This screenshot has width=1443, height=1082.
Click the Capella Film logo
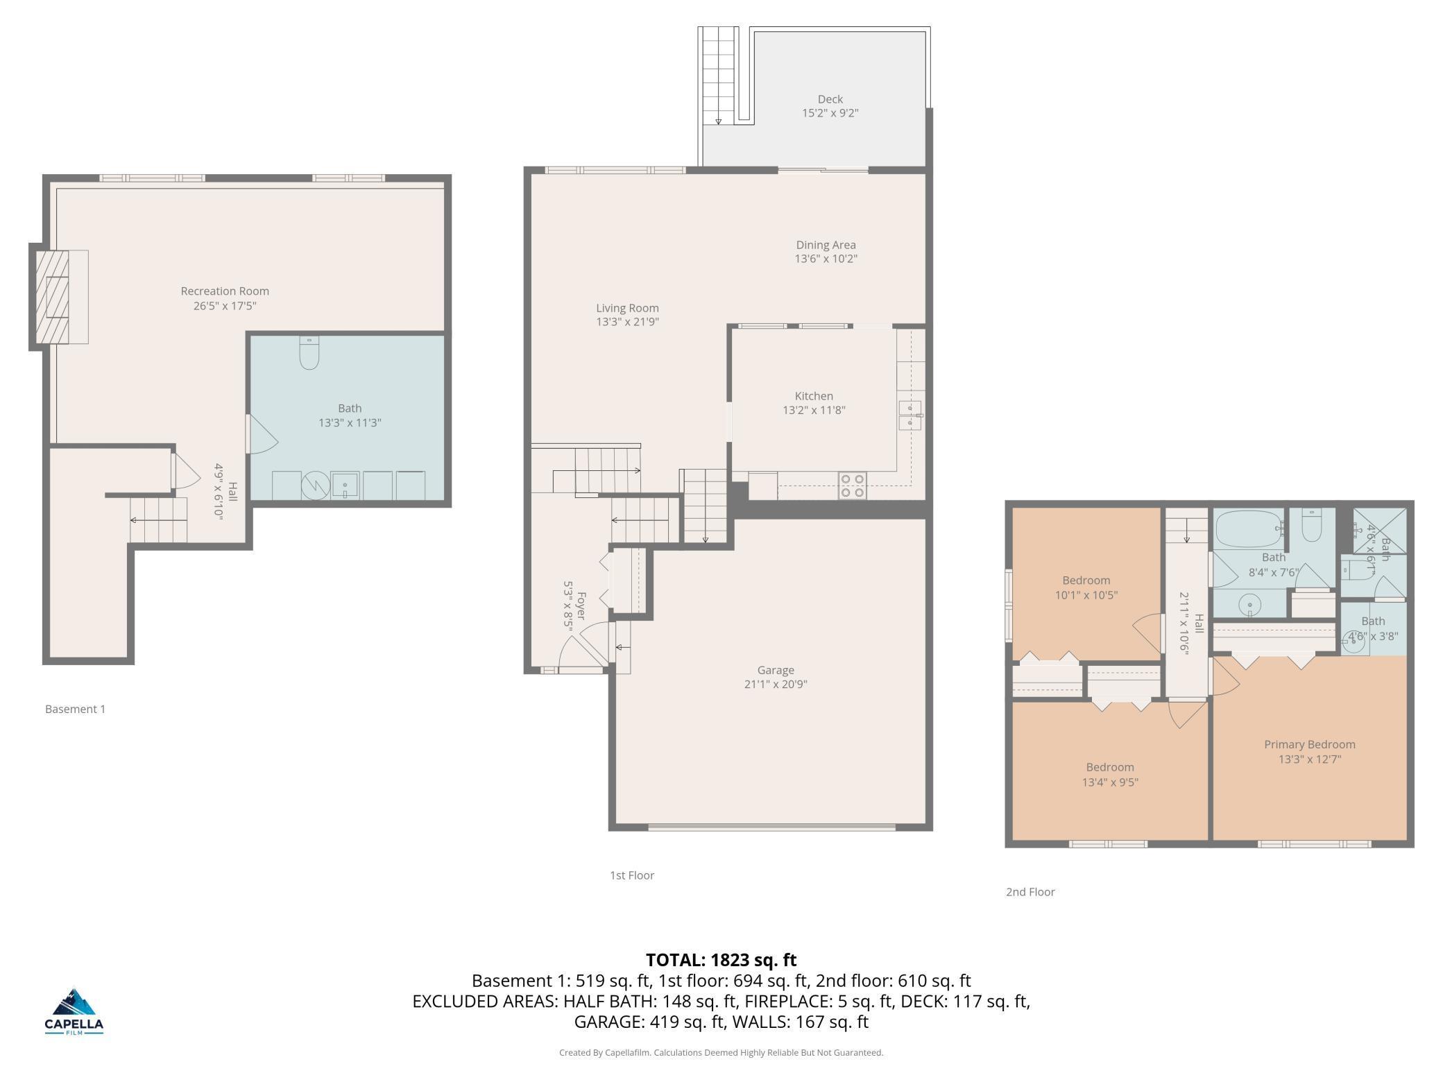(x=74, y=1011)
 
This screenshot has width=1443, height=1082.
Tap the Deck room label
(x=830, y=99)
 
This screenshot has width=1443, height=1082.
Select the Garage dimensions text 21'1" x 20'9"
(x=775, y=685)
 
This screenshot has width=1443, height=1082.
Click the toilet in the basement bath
(x=309, y=353)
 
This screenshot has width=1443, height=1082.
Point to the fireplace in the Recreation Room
(x=59, y=297)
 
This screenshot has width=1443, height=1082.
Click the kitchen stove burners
(x=853, y=486)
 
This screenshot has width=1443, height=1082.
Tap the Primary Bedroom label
(x=1309, y=744)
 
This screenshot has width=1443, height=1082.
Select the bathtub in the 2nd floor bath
(x=1249, y=529)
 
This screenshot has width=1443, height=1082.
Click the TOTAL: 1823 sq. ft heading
(x=721, y=960)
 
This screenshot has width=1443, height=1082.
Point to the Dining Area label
(x=826, y=245)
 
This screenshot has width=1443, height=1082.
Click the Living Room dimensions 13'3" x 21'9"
(x=627, y=322)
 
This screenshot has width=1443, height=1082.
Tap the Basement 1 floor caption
(x=75, y=709)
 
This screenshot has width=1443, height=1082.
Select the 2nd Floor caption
(x=1030, y=892)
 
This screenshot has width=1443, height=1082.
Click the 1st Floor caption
(x=632, y=875)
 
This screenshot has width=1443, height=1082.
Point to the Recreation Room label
(x=225, y=291)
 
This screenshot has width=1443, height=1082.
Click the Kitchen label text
(x=814, y=396)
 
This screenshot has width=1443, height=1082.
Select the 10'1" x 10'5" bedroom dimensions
(x=1086, y=595)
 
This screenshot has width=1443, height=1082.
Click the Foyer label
(x=581, y=606)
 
